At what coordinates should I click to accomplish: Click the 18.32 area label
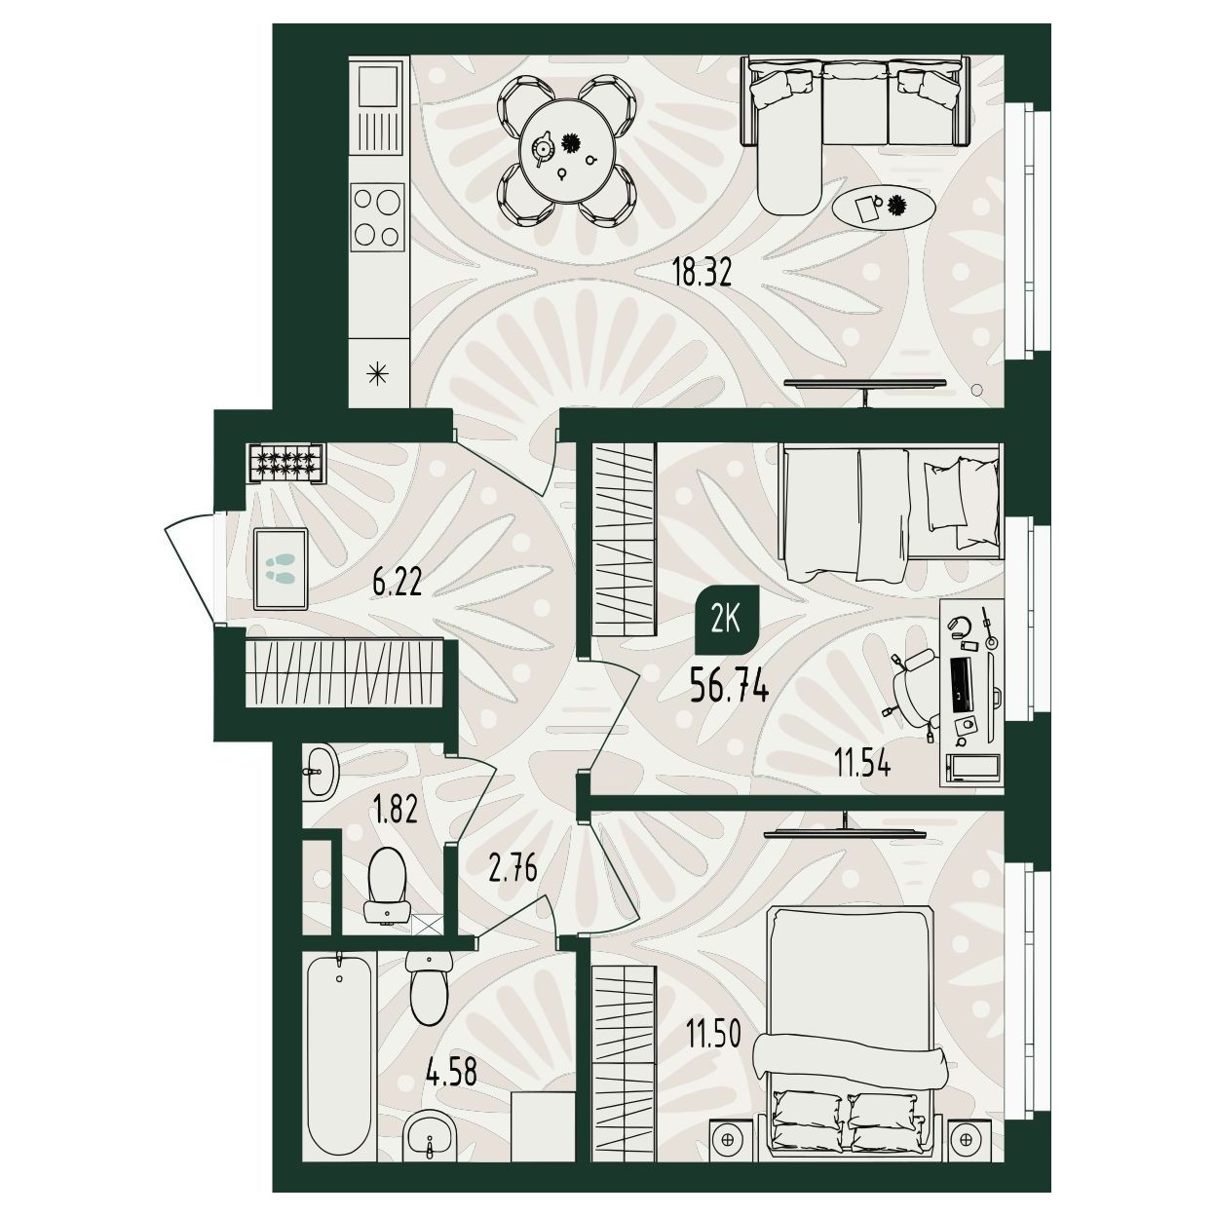point(702,274)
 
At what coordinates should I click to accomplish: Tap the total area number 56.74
point(730,687)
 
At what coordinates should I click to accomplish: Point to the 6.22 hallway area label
point(397,583)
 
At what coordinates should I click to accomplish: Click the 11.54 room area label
point(862,765)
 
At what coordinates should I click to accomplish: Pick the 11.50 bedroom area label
point(713,1034)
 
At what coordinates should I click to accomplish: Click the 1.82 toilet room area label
point(395,810)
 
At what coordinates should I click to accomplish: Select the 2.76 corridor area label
point(513,867)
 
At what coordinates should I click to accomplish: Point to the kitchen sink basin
point(378,86)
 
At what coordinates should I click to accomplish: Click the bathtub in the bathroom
point(340,1050)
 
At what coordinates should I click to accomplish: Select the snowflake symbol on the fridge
point(377,375)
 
